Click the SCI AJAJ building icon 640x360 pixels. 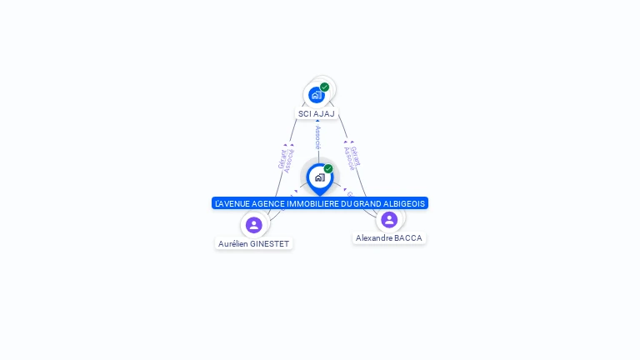[316, 95]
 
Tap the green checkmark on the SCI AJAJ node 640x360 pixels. [324, 87]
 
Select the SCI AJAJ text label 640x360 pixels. [317, 113]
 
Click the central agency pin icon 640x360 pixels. [319, 177]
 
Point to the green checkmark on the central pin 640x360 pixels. [328, 168]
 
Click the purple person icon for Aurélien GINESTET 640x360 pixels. [254, 224]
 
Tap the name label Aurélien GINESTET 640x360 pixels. [253, 244]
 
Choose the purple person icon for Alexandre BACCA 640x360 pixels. [389, 219]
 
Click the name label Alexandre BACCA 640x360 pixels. [389, 238]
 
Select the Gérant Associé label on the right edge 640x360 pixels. [352, 157]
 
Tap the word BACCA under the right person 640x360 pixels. [408, 238]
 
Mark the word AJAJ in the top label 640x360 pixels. [324, 113]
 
